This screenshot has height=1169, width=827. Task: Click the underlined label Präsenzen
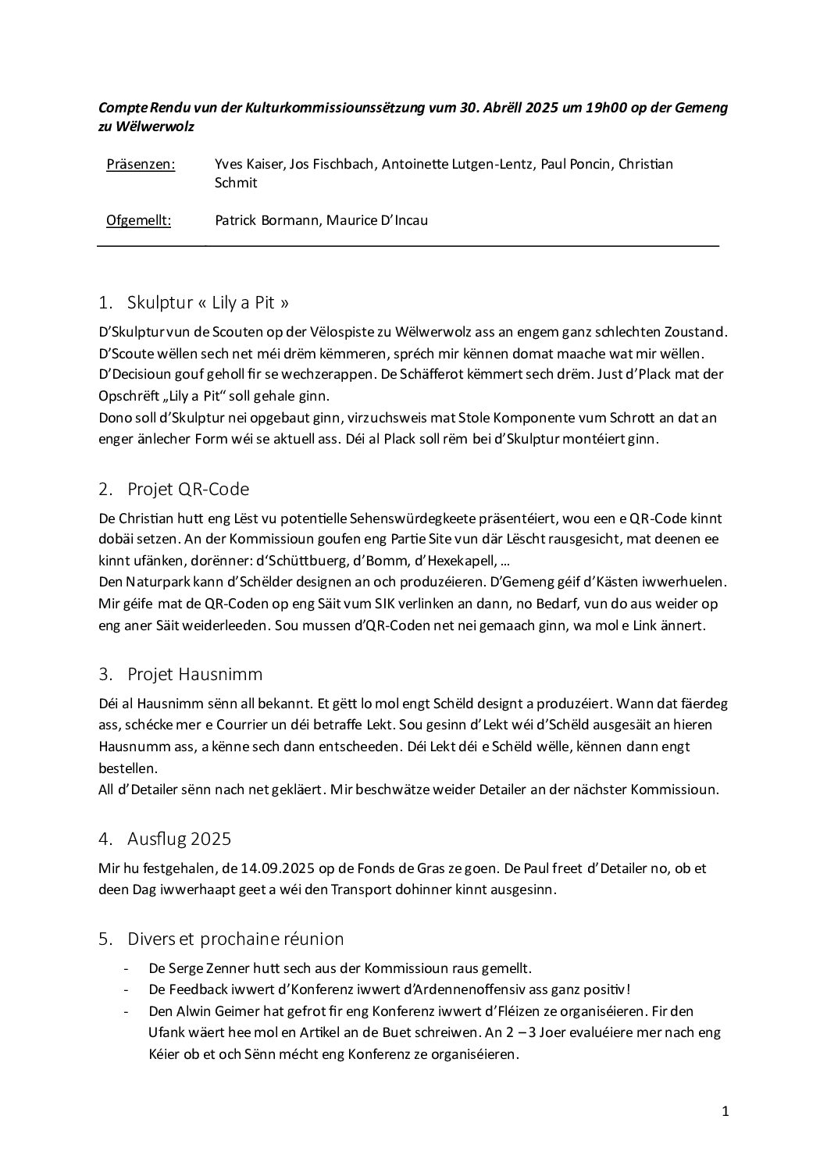coord(141,164)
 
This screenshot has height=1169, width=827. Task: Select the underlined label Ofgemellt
coord(138,220)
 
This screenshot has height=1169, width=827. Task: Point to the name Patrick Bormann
coord(266,220)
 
